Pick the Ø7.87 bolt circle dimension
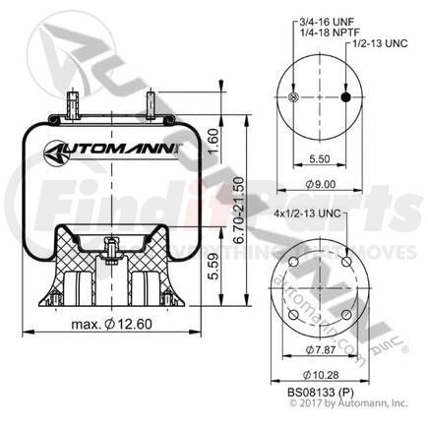click(322, 349)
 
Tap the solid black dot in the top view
click(346, 97)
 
